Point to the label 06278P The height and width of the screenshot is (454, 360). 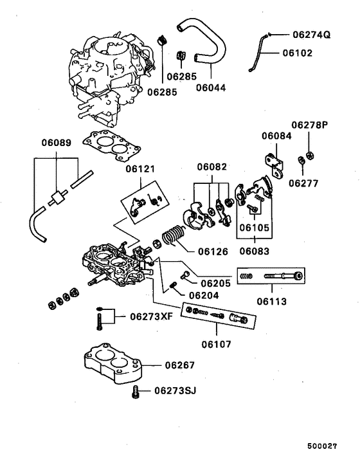click(x=309, y=125)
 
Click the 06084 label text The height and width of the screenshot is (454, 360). click(x=276, y=136)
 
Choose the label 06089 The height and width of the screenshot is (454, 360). click(x=57, y=142)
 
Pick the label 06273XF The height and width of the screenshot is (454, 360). click(x=152, y=316)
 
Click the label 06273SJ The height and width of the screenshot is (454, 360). click(x=174, y=391)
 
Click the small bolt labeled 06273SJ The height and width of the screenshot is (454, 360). click(x=136, y=392)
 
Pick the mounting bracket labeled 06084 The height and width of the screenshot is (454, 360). click(x=273, y=163)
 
